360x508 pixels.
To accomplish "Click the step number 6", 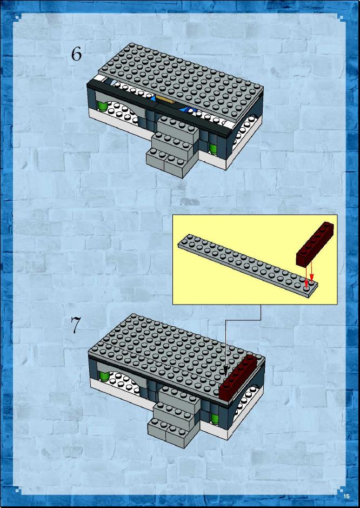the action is (76, 54).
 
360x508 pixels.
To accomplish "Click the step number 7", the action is (76, 325).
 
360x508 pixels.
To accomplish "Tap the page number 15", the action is (346, 496).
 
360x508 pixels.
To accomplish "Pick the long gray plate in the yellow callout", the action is (248, 266).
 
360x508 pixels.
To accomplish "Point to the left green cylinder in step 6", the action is (103, 106).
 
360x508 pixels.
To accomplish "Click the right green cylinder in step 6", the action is (214, 149).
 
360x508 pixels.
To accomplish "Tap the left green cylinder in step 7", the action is (104, 377).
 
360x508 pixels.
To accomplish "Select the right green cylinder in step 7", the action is (215, 419).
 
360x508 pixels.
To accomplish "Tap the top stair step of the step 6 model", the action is (178, 128).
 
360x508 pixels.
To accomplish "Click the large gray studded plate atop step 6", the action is (181, 78).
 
